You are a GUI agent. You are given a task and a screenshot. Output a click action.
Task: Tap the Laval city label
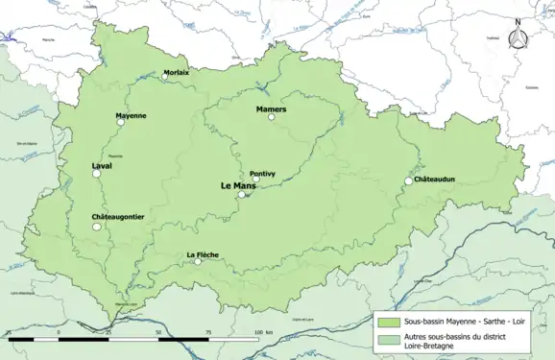pyautogui.click(x=103, y=165)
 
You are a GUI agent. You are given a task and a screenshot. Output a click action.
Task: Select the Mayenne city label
pyautogui.click(x=131, y=116)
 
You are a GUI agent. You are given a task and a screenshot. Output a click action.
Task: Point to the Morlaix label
pyautogui.click(x=176, y=72)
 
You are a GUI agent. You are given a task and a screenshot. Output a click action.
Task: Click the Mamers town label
pyautogui.click(x=272, y=109)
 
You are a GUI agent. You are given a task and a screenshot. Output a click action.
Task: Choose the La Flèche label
pyautogui.click(x=203, y=254)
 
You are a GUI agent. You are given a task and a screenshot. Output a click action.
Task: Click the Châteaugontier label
pyautogui.click(x=118, y=217)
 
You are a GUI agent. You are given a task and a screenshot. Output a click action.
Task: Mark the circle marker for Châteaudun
pyautogui.click(x=408, y=180)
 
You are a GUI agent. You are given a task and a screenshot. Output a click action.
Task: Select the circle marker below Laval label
pyautogui.click(x=96, y=174)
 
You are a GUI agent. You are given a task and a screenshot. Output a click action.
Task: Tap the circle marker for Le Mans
pyautogui.click(x=242, y=194)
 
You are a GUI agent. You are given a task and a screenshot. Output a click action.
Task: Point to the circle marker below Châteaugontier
pyautogui.click(x=97, y=227)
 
